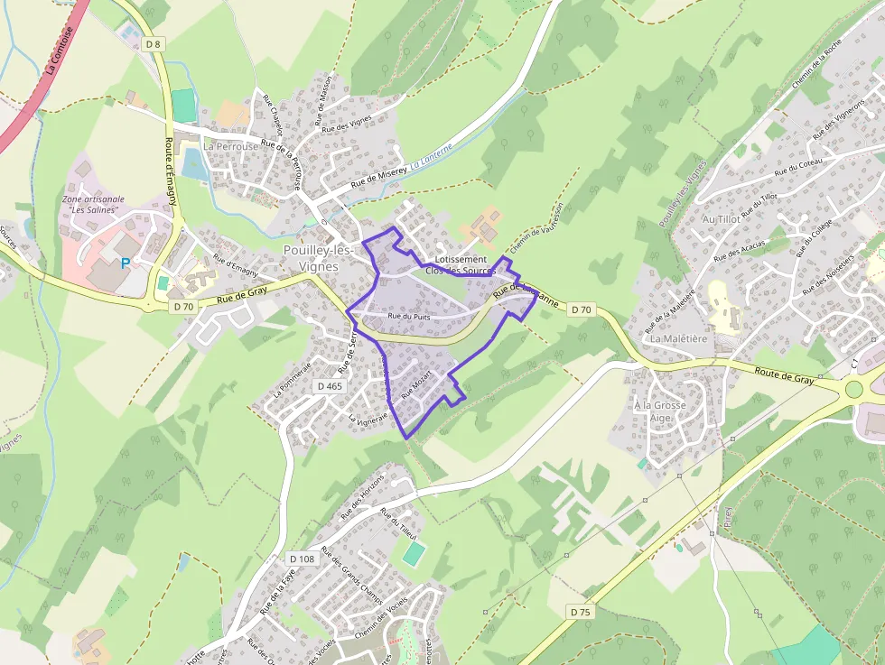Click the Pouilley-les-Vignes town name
[311, 257]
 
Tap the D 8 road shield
[154, 44]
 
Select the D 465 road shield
[330, 386]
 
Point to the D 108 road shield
[303, 559]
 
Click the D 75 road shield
[581, 612]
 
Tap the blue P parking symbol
[125, 263]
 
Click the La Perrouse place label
[229, 146]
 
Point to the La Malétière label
[678, 338]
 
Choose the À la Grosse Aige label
[659, 411]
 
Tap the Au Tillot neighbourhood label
[721, 219]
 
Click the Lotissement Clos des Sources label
[460, 265]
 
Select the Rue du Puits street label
[408, 317]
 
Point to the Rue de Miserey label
[378, 176]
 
